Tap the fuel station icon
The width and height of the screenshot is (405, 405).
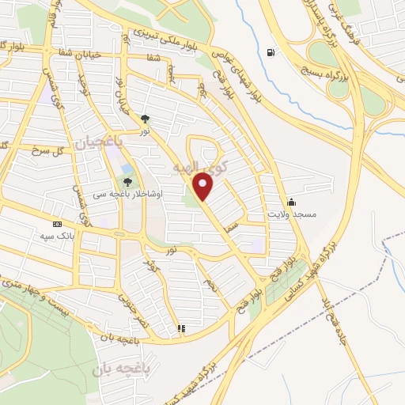[272, 53]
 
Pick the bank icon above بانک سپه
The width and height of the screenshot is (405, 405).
[56, 224]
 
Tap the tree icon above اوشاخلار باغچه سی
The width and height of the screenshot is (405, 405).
[128, 182]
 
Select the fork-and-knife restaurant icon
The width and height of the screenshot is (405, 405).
[181, 327]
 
